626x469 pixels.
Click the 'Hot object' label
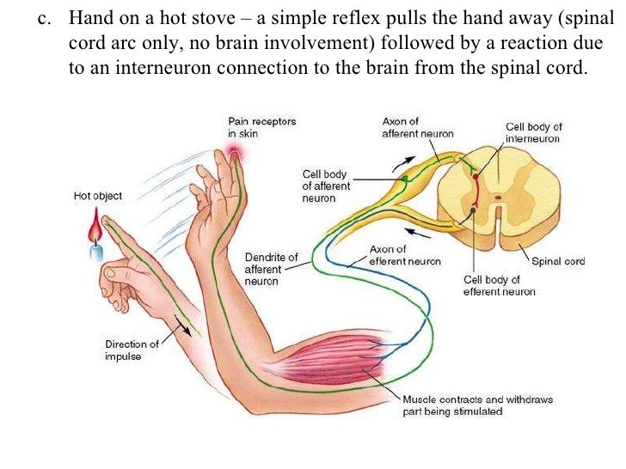tap(98, 196)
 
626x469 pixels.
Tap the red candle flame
tap(96, 229)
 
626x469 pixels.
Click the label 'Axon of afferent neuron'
tap(417, 127)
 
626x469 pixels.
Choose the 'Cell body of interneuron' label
tap(533, 132)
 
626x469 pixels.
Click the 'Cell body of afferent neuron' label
tap(325, 186)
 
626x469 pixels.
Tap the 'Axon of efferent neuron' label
tap(404, 255)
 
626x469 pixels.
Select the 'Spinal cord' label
tap(558, 261)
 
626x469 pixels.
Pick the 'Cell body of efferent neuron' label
tap(499, 285)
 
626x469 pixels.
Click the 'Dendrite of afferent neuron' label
tap(271, 269)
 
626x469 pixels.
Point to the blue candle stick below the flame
tap(97, 252)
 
